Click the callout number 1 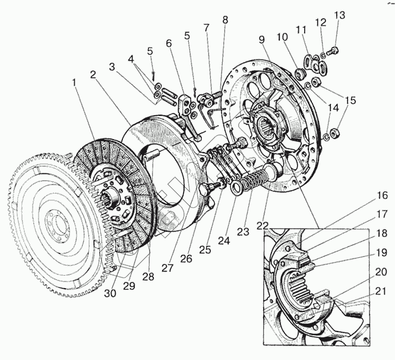click(x=74, y=83)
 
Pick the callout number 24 click(x=224, y=241)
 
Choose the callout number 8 click(x=225, y=20)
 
